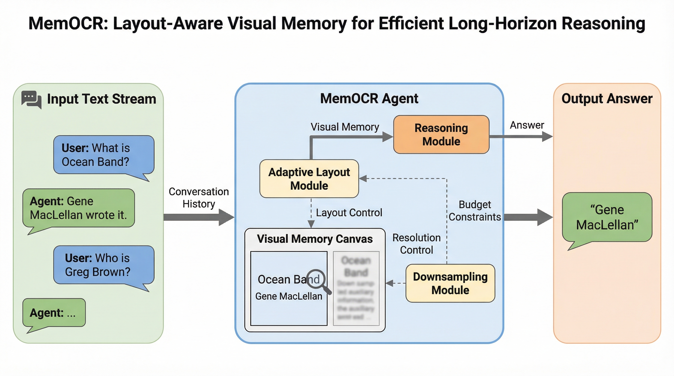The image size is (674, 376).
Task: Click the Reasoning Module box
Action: tap(441, 134)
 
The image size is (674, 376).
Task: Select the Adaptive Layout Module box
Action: tap(309, 179)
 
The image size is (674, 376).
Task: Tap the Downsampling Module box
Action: tap(450, 283)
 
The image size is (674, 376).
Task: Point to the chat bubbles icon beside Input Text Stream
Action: tap(31, 99)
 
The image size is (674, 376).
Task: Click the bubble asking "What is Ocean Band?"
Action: tap(104, 155)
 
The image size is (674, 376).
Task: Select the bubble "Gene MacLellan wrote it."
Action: tap(78, 208)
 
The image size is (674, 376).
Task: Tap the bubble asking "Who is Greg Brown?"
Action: tap(104, 265)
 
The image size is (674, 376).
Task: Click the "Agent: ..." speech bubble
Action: tap(54, 313)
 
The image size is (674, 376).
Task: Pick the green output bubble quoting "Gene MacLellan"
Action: tap(607, 217)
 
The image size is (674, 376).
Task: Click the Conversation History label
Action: tap(199, 198)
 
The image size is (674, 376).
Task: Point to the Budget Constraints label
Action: tap(475, 211)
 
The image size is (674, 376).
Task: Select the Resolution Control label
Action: tap(417, 244)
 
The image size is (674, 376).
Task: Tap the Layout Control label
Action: tap(349, 212)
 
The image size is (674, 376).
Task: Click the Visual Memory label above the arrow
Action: tap(345, 127)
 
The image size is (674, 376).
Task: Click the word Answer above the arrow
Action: tap(527, 125)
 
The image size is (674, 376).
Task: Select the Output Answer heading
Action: tap(607, 99)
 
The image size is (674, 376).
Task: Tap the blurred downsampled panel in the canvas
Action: tap(356, 288)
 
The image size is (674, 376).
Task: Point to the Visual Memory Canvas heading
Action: tap(315, 239)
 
